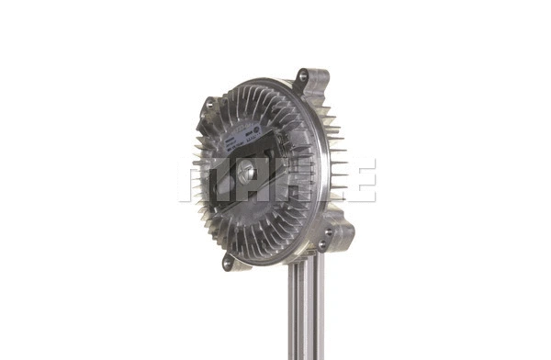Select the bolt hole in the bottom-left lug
[x=228, y=264]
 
